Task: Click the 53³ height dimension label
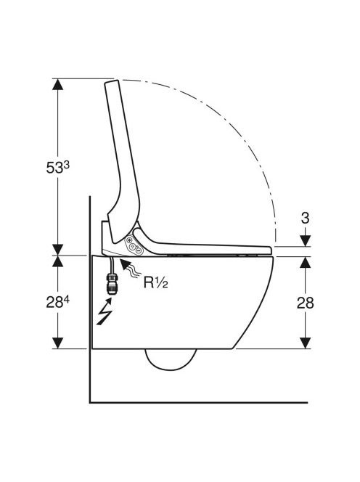[x=58, y=168]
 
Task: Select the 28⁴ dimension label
[x=58, y=303]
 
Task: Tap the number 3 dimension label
[x=305, y=218]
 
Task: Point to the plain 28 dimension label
[x=306, y=303]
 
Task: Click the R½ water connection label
[x=156, y=283]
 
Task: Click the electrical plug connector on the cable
[x=111, y=285]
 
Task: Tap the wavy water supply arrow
[x=130, y=269]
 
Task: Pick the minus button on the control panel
[x=139, y=251]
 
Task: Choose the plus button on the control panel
[x=129, y=240]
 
